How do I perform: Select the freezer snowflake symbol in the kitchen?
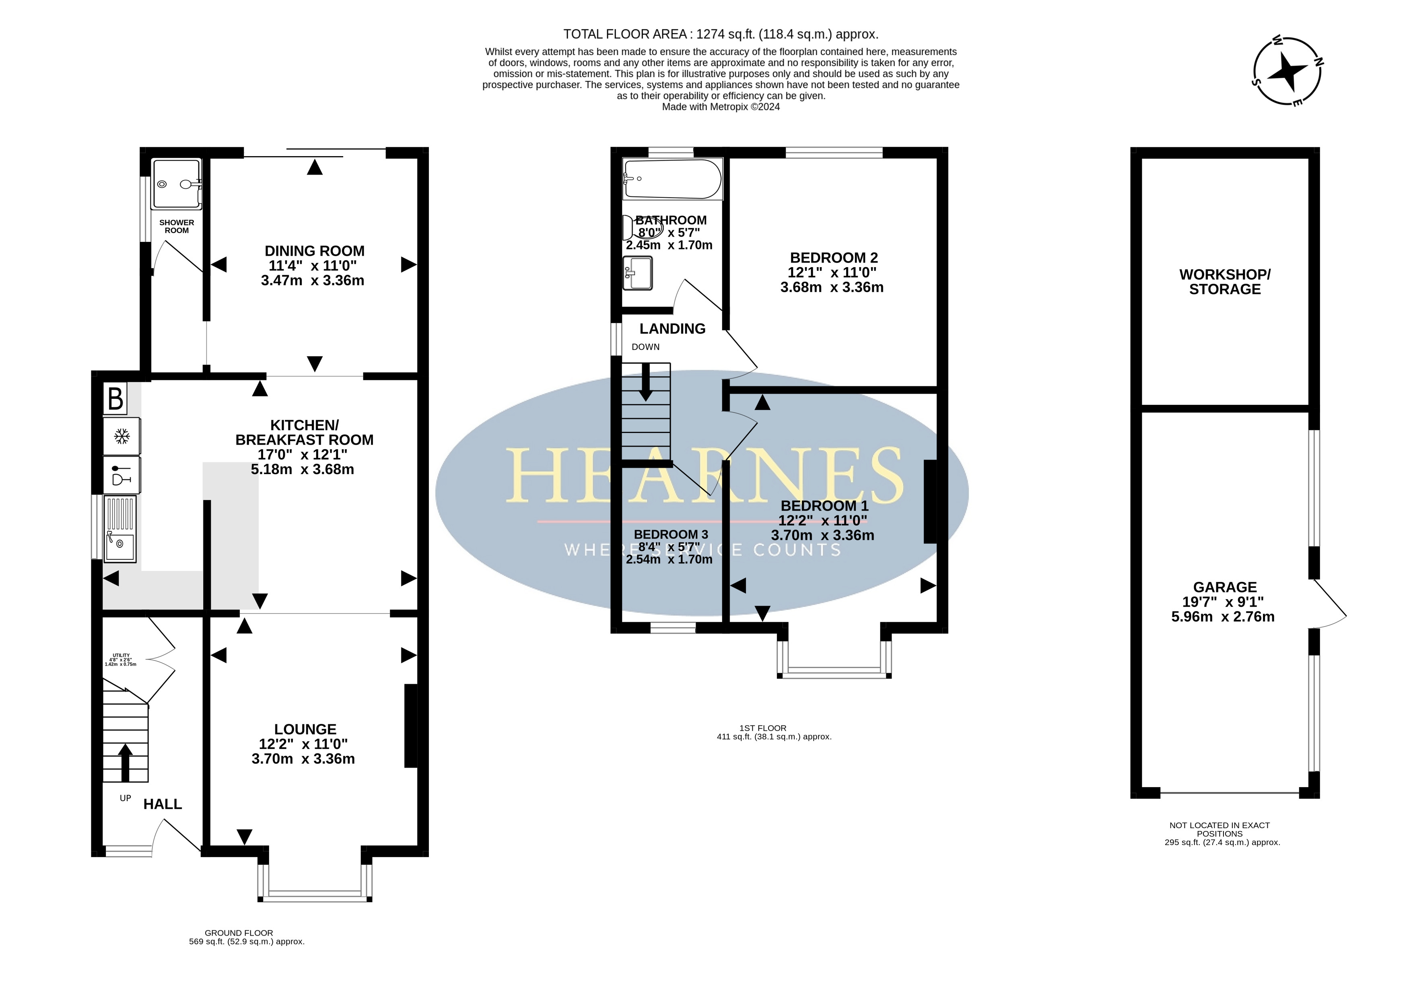[122, 437]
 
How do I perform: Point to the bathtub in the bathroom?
[673, 179]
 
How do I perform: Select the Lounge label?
[305, 729]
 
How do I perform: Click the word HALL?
[163, 804]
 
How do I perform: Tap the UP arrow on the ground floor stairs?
[125, 762]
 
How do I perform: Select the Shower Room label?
[177, 227]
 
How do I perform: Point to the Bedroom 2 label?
[834, 258]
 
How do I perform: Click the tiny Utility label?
[121, 655]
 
